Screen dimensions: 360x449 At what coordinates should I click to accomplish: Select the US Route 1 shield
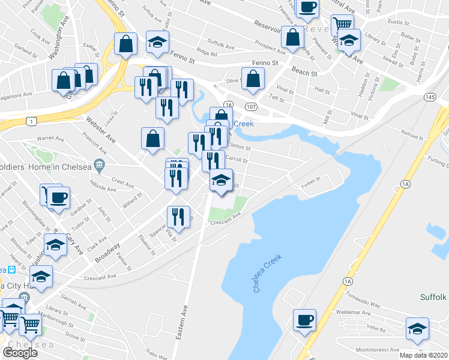pos(35,121)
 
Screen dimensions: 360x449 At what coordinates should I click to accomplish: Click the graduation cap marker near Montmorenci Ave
pos(417,328)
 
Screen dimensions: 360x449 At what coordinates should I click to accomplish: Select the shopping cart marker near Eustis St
pos(342,25)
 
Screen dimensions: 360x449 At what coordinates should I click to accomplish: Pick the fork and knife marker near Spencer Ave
pos(178,215)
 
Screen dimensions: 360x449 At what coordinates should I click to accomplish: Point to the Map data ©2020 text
pos(424,355)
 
